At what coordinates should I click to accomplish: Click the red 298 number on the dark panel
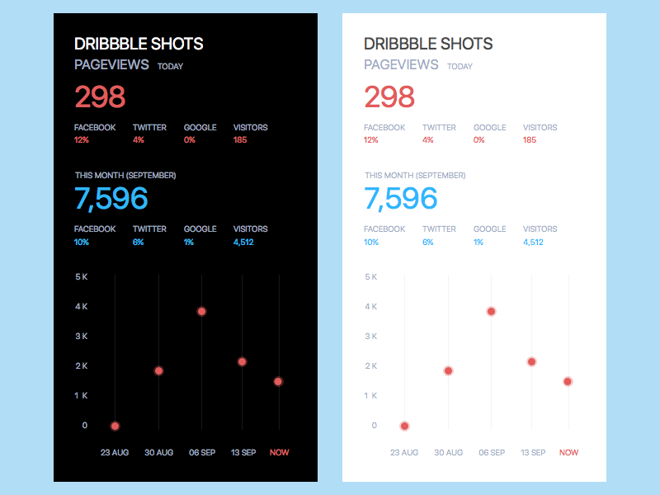[x=100, y=97]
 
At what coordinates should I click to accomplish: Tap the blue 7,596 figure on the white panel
[x=401, y=199]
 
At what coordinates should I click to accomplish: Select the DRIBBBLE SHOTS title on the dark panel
[x=139, y=44]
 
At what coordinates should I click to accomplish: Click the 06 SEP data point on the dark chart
[x=201, y=311]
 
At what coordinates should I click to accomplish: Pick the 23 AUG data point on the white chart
[x=404, y=426]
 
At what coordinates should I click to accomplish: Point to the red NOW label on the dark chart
[x=279, y=452]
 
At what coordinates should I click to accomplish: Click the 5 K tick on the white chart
[x=370, y=276]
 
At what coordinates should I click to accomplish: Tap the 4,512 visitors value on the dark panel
[x=243, y=242]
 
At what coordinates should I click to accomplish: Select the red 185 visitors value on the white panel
[x=530, y=140]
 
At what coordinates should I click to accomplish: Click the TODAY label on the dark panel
[x=170, y=66]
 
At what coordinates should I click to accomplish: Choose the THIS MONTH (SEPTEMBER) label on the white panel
[x=415, y=176]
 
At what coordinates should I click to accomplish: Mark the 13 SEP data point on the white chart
[x=531, y=361]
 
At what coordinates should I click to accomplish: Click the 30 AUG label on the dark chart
[x=158, y=452]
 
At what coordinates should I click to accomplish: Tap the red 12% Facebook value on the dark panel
[x=81, y=140]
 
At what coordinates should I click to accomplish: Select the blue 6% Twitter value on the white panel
[x=428, y=242]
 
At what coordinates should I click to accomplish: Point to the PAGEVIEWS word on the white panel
[x=401, y=64]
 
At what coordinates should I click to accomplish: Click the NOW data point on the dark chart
[x=278, y=381]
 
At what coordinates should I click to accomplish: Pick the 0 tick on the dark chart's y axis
[x=84, y=426]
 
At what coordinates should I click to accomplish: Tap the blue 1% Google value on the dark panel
[x=189, y=242]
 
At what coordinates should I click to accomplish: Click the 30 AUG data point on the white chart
[x=448, y=370]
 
